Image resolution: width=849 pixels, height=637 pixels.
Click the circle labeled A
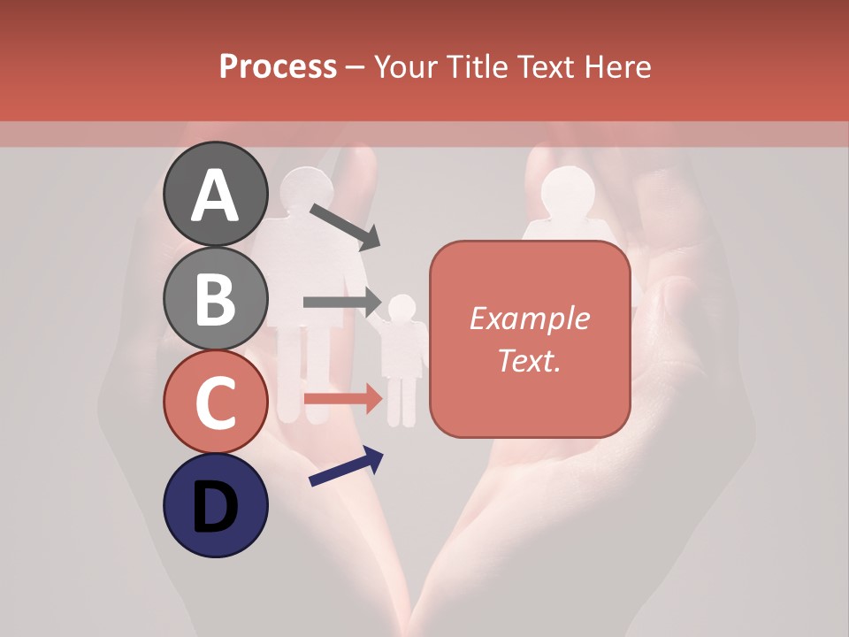[215, 194]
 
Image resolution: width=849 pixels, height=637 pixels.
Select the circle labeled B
[215, 298]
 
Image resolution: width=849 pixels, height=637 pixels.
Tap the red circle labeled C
[215, 403]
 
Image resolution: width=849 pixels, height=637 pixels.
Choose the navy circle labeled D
[215, 505]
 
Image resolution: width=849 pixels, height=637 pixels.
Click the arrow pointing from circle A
[345, 226]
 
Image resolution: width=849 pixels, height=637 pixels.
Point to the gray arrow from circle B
[341, 303]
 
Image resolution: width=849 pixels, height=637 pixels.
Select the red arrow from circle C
[341, 398]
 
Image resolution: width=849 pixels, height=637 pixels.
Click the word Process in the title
[278, 67]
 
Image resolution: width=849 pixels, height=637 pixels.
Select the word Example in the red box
[529, 318]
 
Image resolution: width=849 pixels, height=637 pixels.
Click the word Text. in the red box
[529, 360]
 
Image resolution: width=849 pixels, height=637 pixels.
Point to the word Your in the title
[404, 67]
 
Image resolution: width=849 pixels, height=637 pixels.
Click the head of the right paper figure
[567, 191]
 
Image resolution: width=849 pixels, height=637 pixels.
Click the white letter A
[215, 195]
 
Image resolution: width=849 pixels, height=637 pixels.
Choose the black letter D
[215, 506]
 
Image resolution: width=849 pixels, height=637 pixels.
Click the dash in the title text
[356, 68]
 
